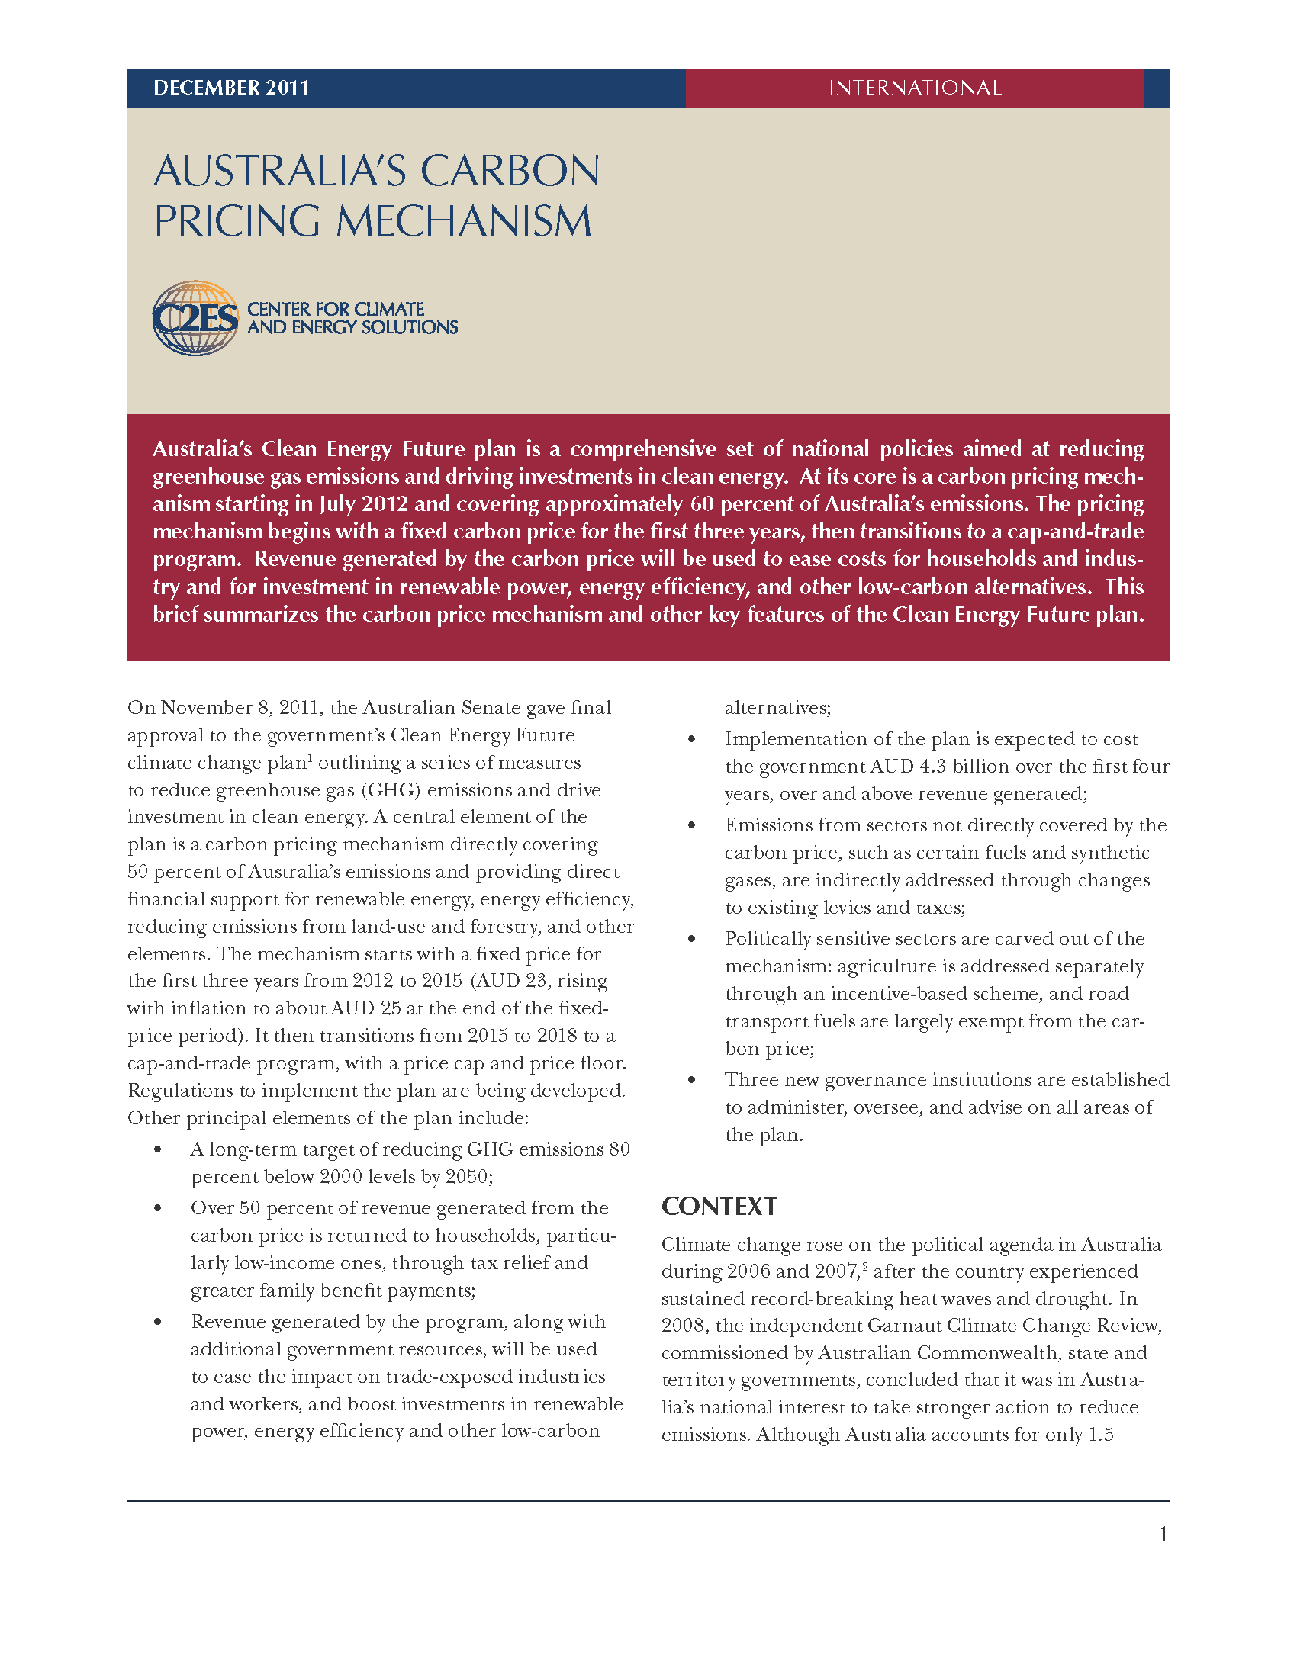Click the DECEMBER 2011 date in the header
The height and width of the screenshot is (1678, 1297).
[x=230, y=88]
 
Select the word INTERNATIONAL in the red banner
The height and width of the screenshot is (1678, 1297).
[x=914, y=88]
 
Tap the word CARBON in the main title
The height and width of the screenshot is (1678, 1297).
[x=510, y=172]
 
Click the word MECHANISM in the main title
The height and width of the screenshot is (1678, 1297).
[x=463, y=222]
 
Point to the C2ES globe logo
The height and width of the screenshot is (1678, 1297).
[x=195, y=318]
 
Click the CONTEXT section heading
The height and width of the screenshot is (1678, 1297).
[x=719, y=1207]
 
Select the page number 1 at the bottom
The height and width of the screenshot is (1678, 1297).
[x=1163, y=1535]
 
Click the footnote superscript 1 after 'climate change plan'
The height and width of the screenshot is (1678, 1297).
[x=310, y=757]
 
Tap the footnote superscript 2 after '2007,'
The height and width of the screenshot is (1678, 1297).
[x=865, y=1266]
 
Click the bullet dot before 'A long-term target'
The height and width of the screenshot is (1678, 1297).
[x=157, y=1149]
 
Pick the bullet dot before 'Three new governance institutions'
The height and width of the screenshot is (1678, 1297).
[x=691, y=1080]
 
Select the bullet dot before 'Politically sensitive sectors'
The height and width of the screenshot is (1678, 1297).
[x=691, y=939]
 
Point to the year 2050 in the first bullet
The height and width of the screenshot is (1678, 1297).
[x=466, y=1177]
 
